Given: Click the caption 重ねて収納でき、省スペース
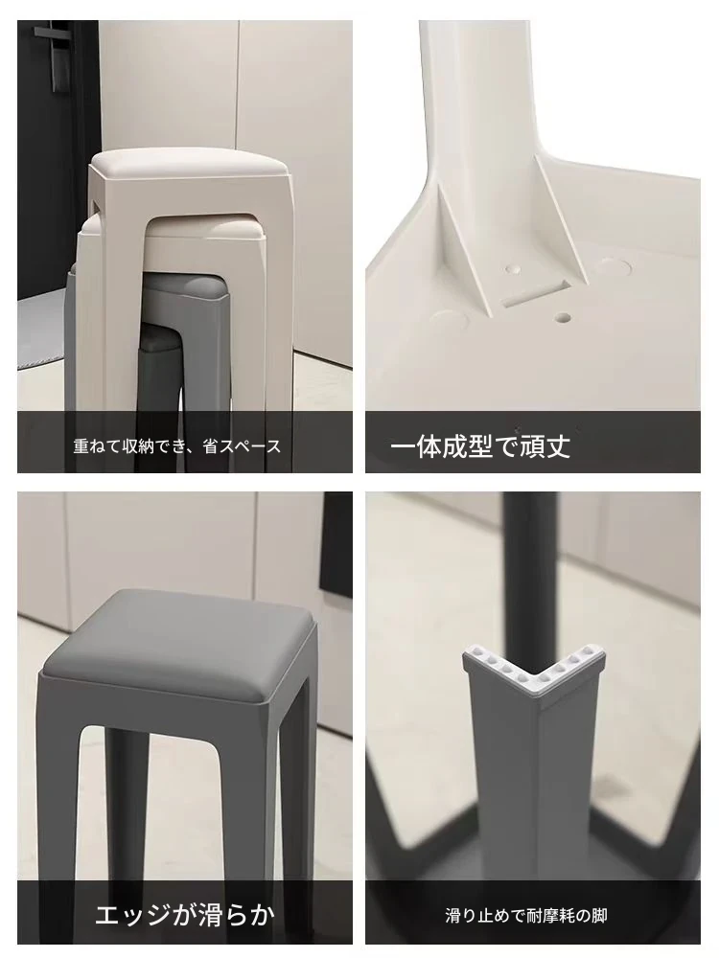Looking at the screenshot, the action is point(177,446).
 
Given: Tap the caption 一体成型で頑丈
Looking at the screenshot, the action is point(480,446).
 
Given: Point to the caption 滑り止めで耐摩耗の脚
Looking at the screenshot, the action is point(525,916).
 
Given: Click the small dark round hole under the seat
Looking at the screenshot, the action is point(563,318).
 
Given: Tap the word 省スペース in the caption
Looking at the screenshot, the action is point(243,446).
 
